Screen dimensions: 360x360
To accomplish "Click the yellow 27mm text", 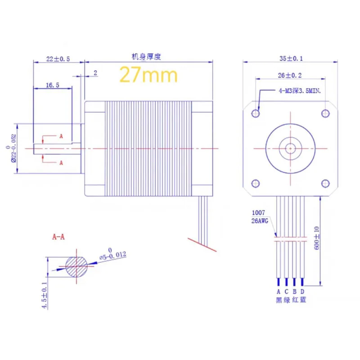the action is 148,74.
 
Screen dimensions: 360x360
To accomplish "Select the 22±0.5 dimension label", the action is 58,59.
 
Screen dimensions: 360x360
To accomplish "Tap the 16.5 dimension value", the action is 53,85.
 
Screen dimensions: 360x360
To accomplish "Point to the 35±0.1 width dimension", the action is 291,58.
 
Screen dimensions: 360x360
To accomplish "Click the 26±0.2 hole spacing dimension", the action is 290,75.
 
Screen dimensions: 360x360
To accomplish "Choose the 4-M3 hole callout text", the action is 300,91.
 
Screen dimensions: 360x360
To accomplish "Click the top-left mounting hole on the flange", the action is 256,113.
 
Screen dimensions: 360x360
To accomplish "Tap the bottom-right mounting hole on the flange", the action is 325,184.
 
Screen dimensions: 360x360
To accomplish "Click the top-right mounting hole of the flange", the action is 325,113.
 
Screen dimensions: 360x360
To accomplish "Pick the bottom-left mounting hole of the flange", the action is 256,184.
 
